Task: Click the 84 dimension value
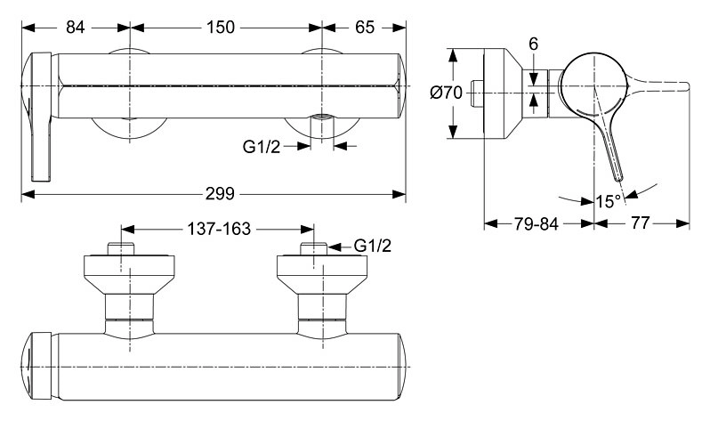pyautogui.click(x=75, y=28)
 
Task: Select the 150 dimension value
pyautogui.click(x=221, y=28)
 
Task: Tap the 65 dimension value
pyautogui.click(x=365, y=28)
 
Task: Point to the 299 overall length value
pyautogui.click(x=220, y=194)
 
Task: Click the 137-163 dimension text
pyautogui.click(x=219, y=229)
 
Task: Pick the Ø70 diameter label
pyautogui.click(x=446, y=93)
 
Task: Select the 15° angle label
pyautogui.click(x=608, y=201)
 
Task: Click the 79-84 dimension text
pyautogui.click(x=536, y=223)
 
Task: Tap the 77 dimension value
pyautogui.click(x=641, y=223)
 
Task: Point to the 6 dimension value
pyautogui.click(x=534, y=45)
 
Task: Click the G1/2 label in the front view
pyautogui.click(x=262, y=146)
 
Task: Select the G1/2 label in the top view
pyautogui.click(x=373, y=246)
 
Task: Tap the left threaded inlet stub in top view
pyautogui.click(x=122, y=249)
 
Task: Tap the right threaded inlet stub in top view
pyautogui.click(x=314, y=249)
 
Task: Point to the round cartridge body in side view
pyautogui.click(x=593, y=85)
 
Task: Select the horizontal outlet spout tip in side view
pyautogui.click(x=679, y=85)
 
